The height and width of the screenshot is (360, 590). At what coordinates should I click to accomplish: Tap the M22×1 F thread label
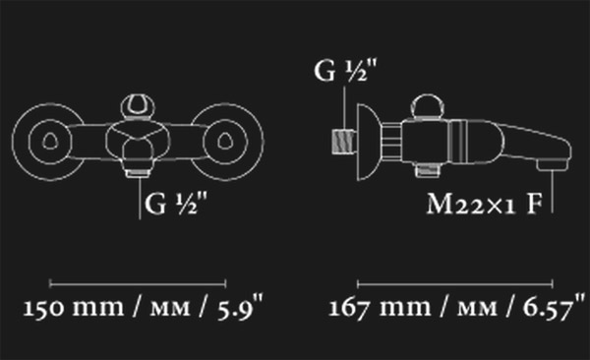(x=485, y=205)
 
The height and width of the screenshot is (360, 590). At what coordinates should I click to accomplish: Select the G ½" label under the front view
(x=176, y=204)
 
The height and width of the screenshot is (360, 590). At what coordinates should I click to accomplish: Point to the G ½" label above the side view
(x=345, y=71)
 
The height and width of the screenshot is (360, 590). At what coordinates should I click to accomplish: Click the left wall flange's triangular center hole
(x=50, y=142)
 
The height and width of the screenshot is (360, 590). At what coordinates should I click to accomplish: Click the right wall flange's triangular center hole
(x=225, y=142)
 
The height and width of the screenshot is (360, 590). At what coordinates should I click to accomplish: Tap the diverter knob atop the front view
(x=138, y=107)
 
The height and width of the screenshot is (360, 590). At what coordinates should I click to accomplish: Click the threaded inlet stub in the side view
(x=343, y=142)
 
